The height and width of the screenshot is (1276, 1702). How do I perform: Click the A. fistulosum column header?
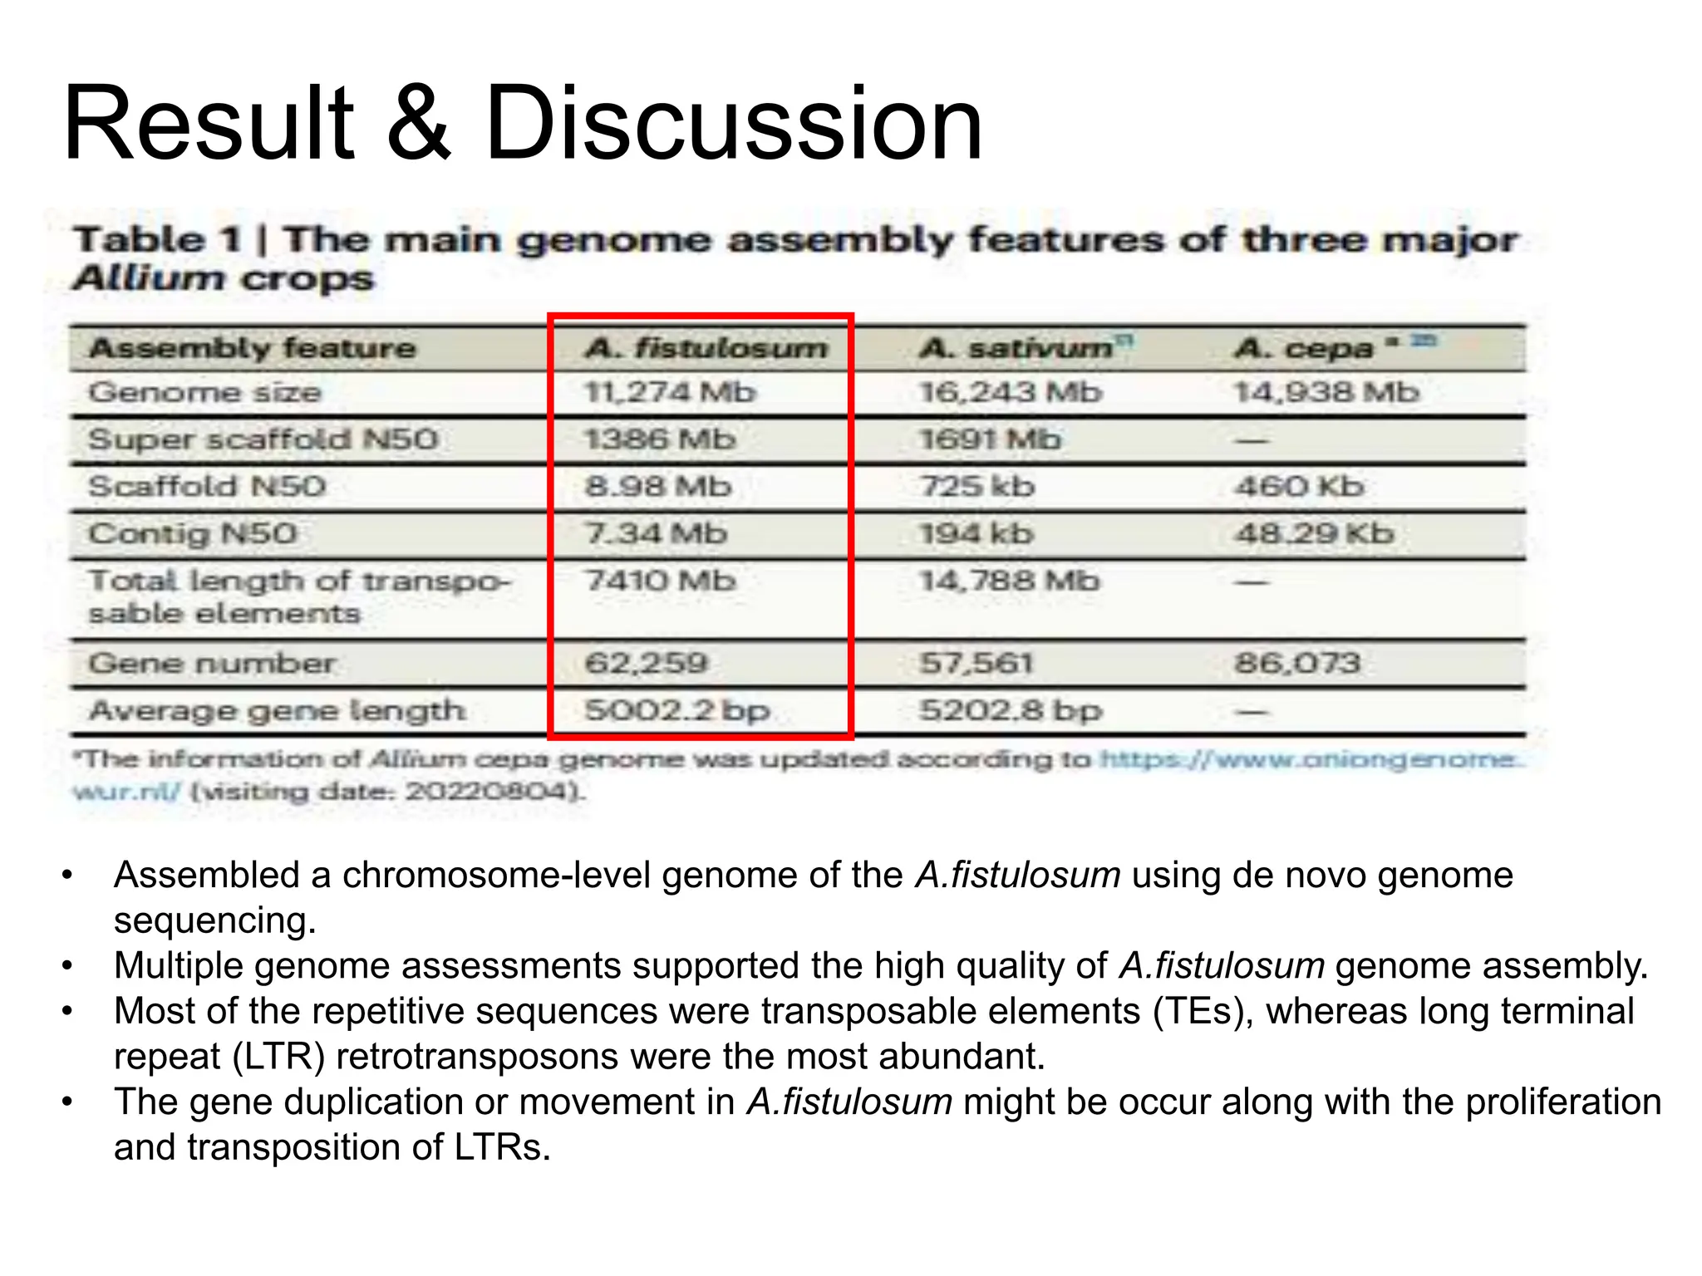tap(706, 347)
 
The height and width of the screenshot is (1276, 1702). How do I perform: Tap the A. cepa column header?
tap(1305, 347)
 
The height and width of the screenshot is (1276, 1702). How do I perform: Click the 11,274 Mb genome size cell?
tap(670, 392)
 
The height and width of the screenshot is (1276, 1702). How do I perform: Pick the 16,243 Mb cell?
tap(1010, 392)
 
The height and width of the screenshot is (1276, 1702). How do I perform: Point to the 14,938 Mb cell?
tap(1326, 392)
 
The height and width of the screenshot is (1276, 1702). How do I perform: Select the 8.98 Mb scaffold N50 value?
tap(658, 486)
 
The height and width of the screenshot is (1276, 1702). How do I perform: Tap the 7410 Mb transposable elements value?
tap(661, 581)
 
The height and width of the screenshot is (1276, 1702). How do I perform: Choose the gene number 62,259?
tap(647, 663)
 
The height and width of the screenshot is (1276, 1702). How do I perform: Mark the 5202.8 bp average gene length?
tap(1011, 711)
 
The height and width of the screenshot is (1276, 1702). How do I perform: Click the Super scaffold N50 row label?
tap(263, 439)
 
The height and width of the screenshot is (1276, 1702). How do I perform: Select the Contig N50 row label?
tap(193, 533)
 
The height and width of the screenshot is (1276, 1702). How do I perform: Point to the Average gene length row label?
tap(277, 711)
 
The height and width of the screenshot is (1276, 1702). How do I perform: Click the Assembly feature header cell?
tap(253, 347)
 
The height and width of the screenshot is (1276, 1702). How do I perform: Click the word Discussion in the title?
tap(733, 125)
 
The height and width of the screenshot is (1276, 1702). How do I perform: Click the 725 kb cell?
tap(976, 486)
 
